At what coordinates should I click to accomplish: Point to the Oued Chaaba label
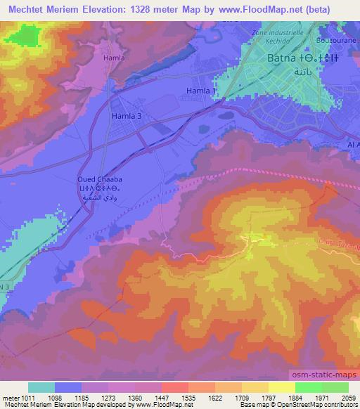[103, 181]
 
